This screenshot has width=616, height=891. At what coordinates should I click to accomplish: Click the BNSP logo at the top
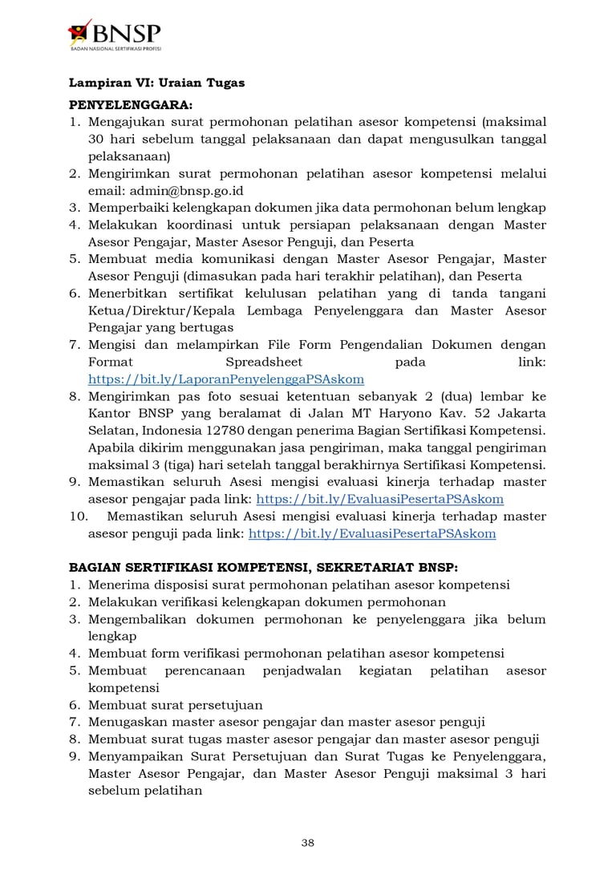tap(115, 36)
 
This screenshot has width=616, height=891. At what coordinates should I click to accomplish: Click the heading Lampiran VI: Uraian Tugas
tap(156, 83)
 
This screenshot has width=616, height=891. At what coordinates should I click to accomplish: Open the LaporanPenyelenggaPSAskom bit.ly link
tap(226, 379)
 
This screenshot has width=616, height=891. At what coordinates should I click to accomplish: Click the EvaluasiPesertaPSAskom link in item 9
tap(379, 499)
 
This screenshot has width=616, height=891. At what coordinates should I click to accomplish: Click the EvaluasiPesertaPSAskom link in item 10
tap(372, 533)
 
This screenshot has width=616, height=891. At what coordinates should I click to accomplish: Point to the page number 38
tap(308, 842)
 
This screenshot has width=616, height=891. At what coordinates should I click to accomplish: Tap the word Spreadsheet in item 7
tap(269, 362)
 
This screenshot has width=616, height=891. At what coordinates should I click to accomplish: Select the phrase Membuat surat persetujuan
tap(176, 705)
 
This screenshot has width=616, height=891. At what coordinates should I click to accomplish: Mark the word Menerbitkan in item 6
tap(128, 294)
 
